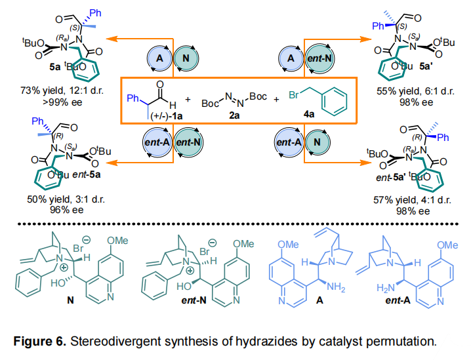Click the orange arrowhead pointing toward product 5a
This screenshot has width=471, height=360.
tap(111, 39)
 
